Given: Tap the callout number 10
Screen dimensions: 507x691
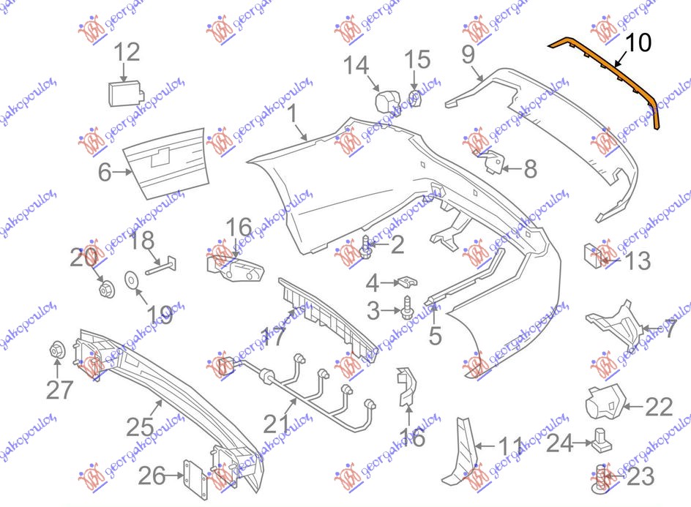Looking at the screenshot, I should point(638,43).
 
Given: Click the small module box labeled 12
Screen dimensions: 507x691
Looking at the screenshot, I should point(123,93).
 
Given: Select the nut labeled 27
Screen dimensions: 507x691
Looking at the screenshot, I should point(57,352).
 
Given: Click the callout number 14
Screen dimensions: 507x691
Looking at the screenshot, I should point(357,66).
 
